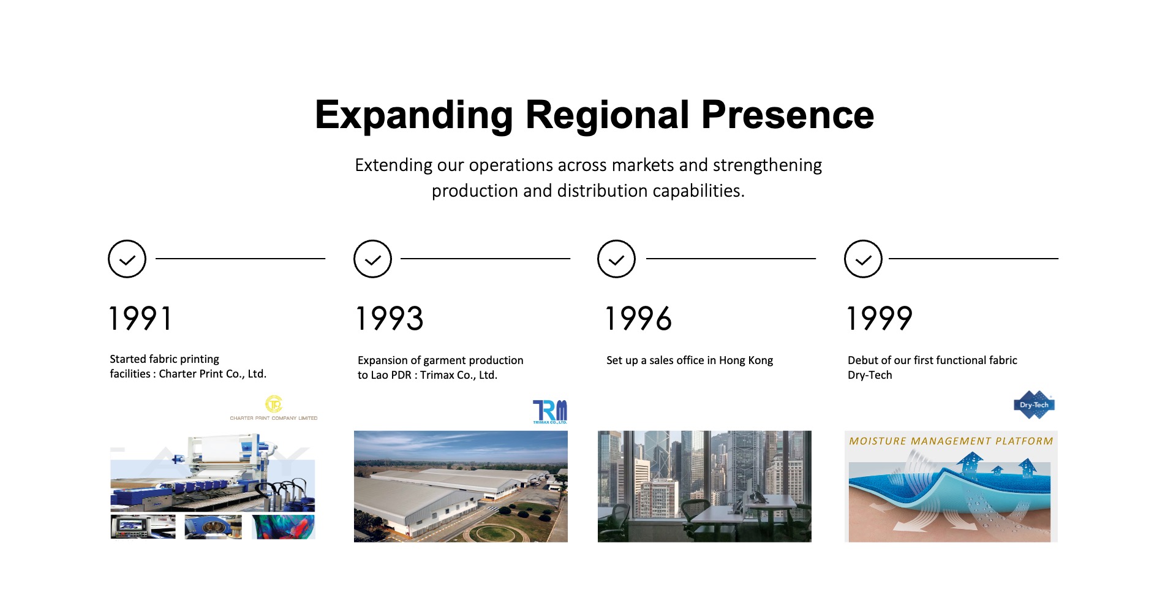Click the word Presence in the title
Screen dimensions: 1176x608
point(788,115)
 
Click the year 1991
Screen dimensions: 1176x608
point(140,319)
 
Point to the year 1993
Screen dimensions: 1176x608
point(390,319)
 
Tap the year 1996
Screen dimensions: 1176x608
point(638,319)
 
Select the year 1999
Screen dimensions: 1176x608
point(880,319)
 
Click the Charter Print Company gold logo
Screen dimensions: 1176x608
point(274,408)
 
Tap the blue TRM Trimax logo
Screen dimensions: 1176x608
point(550,412)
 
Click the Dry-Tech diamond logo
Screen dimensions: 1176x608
point(1034,405)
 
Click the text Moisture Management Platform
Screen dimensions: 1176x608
point(951,441)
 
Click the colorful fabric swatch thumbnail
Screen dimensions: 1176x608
point(283,526)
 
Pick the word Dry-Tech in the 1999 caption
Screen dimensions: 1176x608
point(870,375)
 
